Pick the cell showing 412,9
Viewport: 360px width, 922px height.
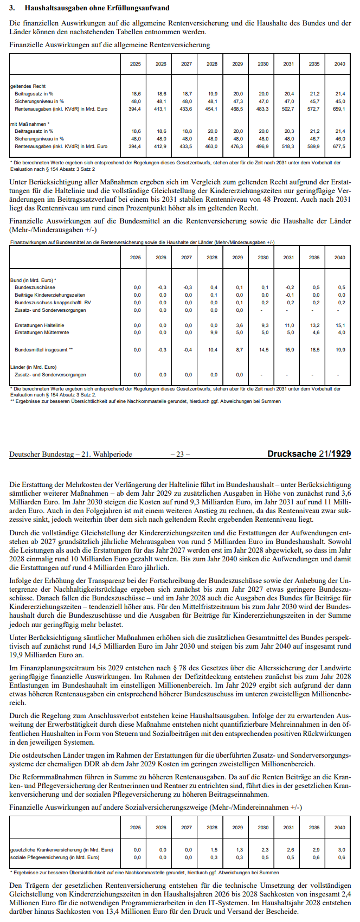[161, 146]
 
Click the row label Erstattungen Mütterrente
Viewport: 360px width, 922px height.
[42, 332]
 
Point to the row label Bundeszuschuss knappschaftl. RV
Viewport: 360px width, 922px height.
[53, 303]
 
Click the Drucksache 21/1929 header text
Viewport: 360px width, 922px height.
[309, 454]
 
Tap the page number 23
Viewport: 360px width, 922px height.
[180, 454]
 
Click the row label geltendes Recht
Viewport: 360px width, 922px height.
[28, 86]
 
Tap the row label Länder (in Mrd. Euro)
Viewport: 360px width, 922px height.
[34, 367]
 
